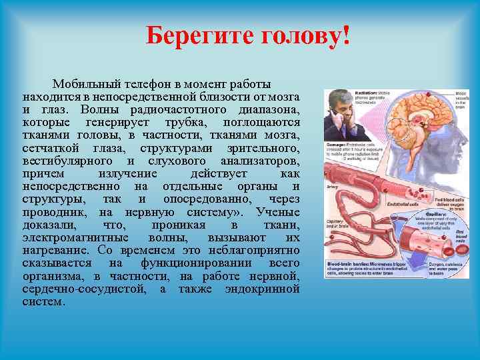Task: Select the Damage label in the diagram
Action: click(335, 143)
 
